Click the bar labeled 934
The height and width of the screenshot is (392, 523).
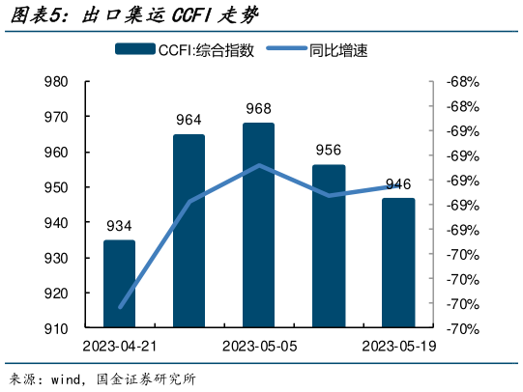click(x=119, y=285)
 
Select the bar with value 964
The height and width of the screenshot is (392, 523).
click(x=189, y=232)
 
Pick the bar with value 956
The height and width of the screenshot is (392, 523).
click(x=329, y=246)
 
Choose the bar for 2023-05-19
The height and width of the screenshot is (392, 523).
click(x=398, y=264)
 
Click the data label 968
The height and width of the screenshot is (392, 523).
click(x=258, y=109)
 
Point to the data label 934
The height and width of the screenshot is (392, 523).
click(x=119, y=226)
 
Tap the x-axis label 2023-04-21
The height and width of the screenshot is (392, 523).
click(x=119, y=347)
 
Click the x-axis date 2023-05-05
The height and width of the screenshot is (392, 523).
click(x=258, y=347)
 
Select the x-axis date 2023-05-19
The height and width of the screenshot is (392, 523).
click(x=398, y=347)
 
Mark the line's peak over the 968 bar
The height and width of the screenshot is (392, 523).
click(x=259, y=165)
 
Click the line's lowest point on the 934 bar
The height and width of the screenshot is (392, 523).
click(x=120, y=307)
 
